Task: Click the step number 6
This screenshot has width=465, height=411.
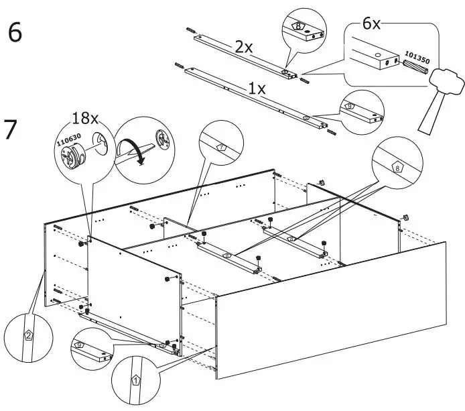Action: pyautogui.click(x=15, y=34)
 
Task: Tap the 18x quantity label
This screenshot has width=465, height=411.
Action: pyautogui.click(x=85, y=119)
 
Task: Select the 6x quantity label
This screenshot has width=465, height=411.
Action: pyautogui.click(x=371, y=24)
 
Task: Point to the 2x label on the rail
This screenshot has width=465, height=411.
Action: pyautogui.click(x=243, y=47)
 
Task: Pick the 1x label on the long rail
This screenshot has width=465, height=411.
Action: pyautogui.click(x=257, y=89)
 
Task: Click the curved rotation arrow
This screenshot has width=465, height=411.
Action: pyautogui.click(x=132, y=149)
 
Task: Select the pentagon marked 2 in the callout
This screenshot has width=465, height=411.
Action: pyautogui.click(x=28, y=335)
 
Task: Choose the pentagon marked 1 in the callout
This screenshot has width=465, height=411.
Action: pyautogui.click(x=136, y=380)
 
